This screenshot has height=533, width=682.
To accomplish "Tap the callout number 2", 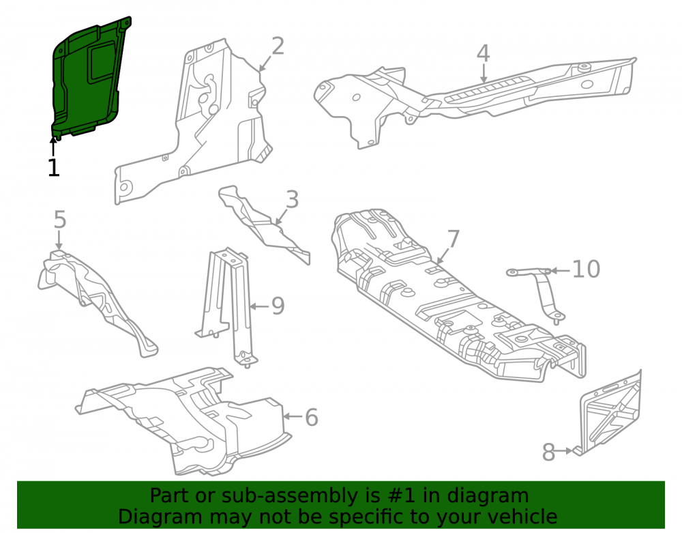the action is pyautogui.click(x=278, y=46).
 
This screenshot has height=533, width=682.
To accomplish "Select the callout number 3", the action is pyautogui.click(x=293, y=200).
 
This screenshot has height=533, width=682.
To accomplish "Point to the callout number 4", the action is pyautogui.click(x=484, y=53).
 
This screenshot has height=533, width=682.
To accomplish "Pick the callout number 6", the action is pyautogui.click(x=312, y=417).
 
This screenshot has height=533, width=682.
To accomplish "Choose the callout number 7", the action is pyautogui.click(x=454, y=240).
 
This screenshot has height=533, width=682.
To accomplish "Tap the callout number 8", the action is pyautogui.click(x=548, y=452).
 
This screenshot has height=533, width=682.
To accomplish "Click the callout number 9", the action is pyautogui.click(x=278, y=306).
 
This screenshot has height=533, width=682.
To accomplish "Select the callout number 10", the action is pyautogui.click(x=586, y=270).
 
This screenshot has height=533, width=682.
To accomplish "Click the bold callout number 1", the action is pyautogui.click(x=53, y=168).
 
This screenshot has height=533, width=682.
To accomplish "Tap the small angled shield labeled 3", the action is pyautogui.click(x=263, y=224).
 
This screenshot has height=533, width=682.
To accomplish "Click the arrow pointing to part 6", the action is pyautogui.click(x=293, y=416).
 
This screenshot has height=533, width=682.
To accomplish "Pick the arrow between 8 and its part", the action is pyautogui.click(x=564, y=451).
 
